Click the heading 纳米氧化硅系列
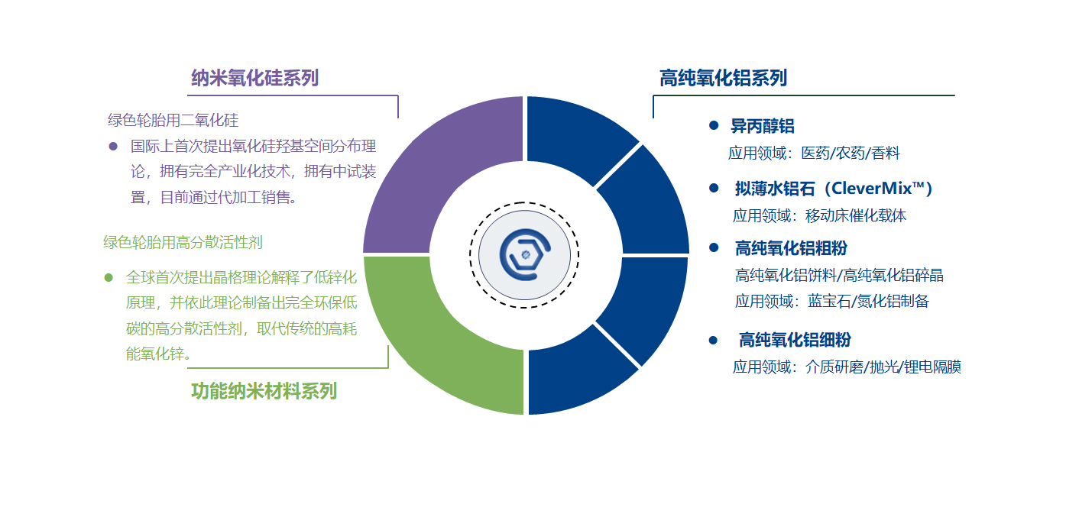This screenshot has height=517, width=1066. (254, 78)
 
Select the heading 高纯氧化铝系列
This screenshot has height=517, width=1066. (724, 78)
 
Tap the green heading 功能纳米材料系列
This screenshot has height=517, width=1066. (264, 391)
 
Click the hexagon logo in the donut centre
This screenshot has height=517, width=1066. (524, 255)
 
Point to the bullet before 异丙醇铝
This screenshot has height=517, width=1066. (714, 125)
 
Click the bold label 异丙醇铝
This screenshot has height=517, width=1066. (763, 126)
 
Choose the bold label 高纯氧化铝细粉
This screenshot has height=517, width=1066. (795, 340)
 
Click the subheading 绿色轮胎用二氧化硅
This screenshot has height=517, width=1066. (173, 120)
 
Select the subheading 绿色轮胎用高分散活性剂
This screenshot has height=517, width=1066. (183, 242)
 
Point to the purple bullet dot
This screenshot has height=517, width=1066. (113, 146)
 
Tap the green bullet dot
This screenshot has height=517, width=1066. (109, 277)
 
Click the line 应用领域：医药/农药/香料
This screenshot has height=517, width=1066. (814, 153)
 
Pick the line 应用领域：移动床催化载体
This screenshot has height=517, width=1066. (819, 216)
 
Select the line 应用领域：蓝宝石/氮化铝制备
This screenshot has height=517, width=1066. (832, 301)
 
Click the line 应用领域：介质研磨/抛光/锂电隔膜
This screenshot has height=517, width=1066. (847, 367)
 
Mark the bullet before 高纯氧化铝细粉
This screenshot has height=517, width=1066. (713, 340)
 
